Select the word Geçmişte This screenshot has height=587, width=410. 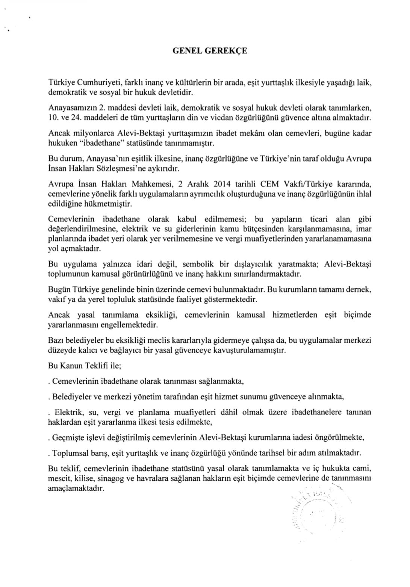tap(67, 437)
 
